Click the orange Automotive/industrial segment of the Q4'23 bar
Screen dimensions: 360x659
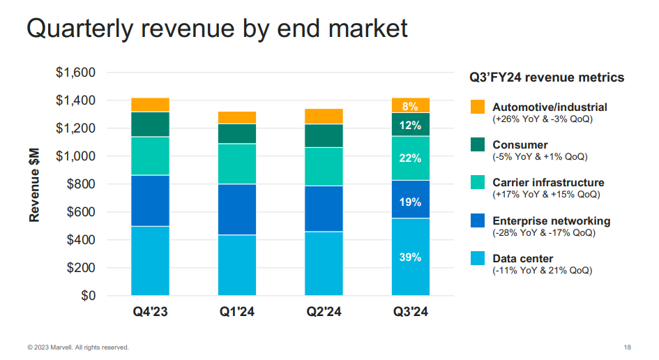(x=150, y=105)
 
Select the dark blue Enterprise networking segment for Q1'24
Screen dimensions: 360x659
(x=236, y=209)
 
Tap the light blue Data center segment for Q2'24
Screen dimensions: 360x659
(x=324, y=263)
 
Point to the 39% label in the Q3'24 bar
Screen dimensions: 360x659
(x=411, y=257)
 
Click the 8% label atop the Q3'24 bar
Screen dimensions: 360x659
(x=411, y=107)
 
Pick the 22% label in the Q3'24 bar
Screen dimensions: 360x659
(x=411, y=158)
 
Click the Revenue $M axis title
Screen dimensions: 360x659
(x=34, y=185)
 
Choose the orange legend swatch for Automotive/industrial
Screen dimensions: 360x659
(x=477, y=107)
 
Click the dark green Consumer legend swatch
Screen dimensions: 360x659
(x=477, y=145)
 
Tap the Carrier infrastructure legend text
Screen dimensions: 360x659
(x=548, y=183)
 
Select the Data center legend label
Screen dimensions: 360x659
(x=523, y=259)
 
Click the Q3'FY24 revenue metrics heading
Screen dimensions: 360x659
(x=546, y=77)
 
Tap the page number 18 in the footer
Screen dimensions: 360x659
(x=628, y=347)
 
